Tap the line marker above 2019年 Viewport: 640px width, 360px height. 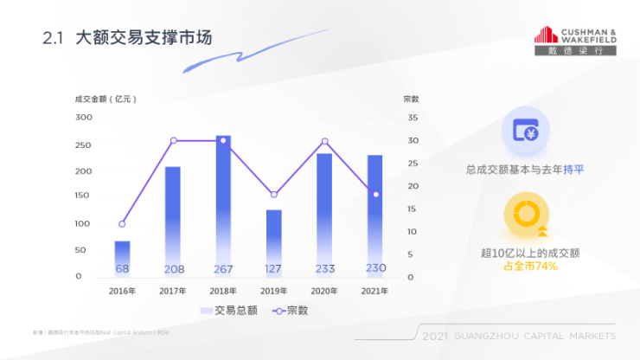tap(274, 195)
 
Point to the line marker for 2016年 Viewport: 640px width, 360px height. tap(123, 224)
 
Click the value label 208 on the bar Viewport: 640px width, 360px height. tap(173, 269)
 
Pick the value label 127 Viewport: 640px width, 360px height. tap(273, 269)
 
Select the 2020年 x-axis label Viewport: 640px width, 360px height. tap(323, 291)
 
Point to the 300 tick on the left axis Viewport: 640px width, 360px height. tap(84, 117)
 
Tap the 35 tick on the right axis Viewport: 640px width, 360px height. tap(413, 117)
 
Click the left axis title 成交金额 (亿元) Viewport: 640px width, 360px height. tap(106, 99)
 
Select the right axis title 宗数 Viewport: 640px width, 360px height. tap(411, 99)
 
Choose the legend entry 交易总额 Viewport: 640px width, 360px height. tap(226, 310)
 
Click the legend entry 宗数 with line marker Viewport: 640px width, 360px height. tap(291, 310)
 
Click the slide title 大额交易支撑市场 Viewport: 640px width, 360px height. tap(144, 38)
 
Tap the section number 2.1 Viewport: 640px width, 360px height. tap(54, 39)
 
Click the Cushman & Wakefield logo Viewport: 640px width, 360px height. tap(575, 40)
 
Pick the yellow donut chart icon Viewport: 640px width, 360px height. tap(525, 216)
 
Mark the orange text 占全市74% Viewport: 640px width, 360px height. tap(529, 266)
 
